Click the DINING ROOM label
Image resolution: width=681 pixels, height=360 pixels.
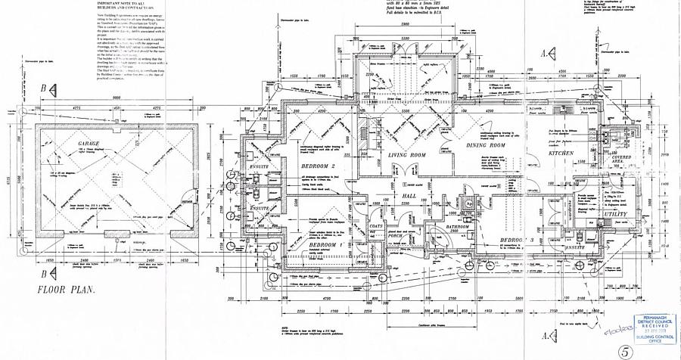[485, 145]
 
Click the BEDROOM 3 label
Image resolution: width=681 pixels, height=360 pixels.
[518, 240]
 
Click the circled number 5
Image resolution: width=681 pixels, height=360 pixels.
[624, 350]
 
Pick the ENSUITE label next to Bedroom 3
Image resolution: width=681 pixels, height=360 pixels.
[580, 247]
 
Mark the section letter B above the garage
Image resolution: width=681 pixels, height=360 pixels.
[44, 88]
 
